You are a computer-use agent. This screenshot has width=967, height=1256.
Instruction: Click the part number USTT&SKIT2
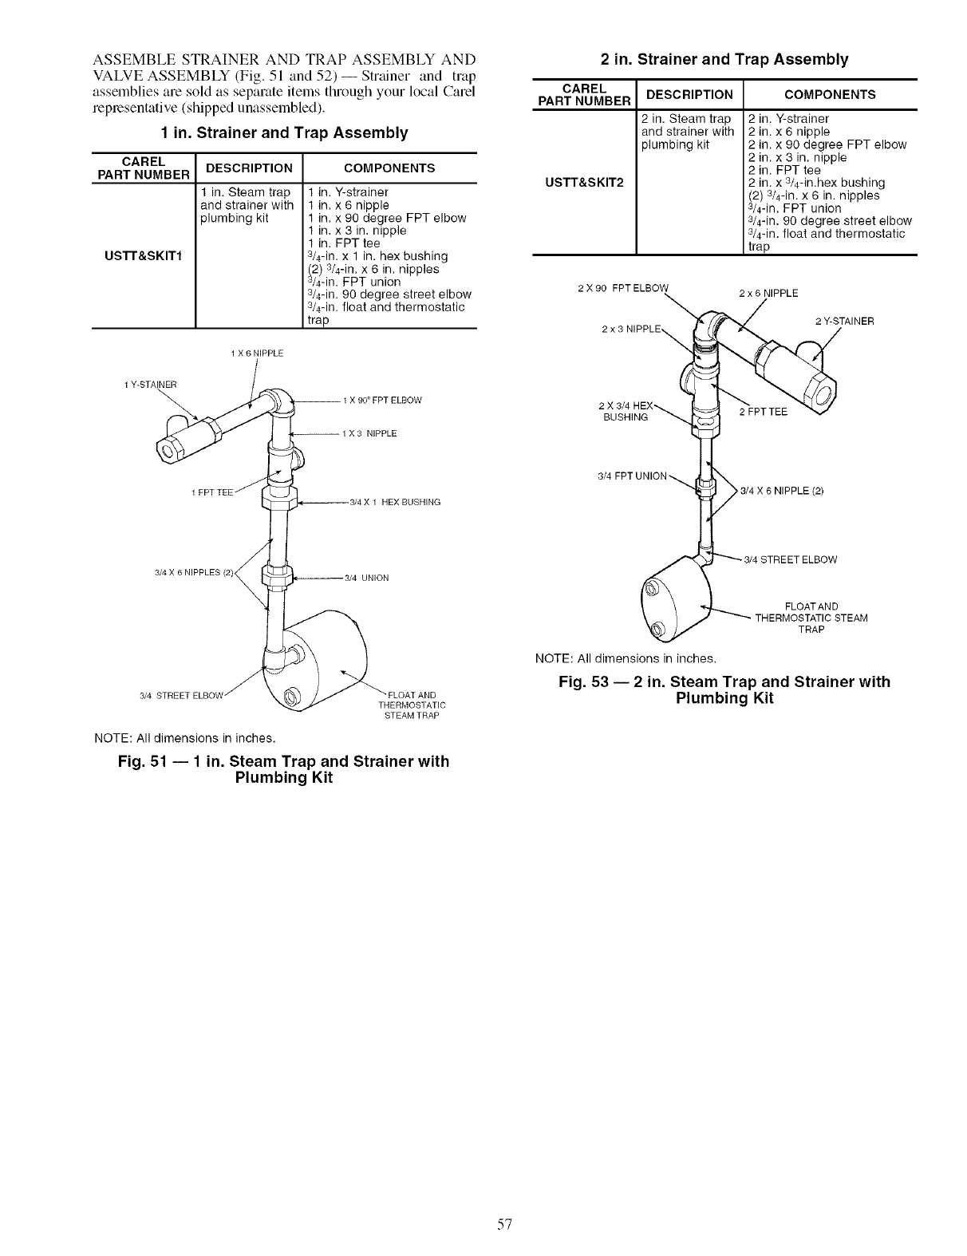(584, 181)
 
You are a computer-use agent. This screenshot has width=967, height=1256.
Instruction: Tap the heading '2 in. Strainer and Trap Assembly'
(724, 59)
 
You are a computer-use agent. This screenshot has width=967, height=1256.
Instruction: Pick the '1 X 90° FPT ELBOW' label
(381, 400)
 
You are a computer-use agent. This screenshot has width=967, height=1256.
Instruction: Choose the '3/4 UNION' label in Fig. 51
(366, 578)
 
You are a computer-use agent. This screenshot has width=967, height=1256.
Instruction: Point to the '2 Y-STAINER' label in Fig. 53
(844, 322)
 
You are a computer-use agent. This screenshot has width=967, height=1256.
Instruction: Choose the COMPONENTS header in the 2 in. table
(830, 94)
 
